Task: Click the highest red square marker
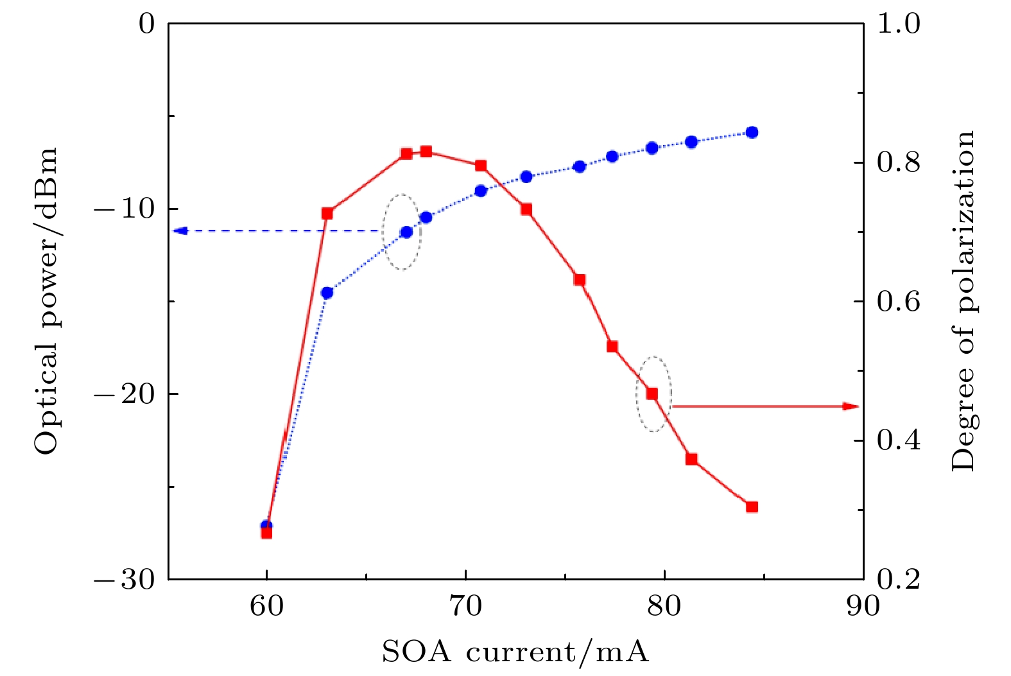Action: tap(426, 152)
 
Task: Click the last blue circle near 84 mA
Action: tap(752, 132)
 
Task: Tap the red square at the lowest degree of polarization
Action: tap(266, 532)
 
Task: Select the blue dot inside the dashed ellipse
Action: tap(406, 232)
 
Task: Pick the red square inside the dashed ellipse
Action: tap(652, 394)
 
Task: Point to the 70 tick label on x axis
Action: tap(465, 605)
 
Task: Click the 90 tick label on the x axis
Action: tap(863, 605)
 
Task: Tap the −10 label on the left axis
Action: tap(125, 209)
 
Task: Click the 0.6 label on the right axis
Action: tap(898, 302)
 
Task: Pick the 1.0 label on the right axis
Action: tap(898, 24)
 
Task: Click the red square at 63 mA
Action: tap(327, 213)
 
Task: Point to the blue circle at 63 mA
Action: tap(327, 293)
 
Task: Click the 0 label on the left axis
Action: tap(147, 24)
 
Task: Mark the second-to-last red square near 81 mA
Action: tap(691, 459)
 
